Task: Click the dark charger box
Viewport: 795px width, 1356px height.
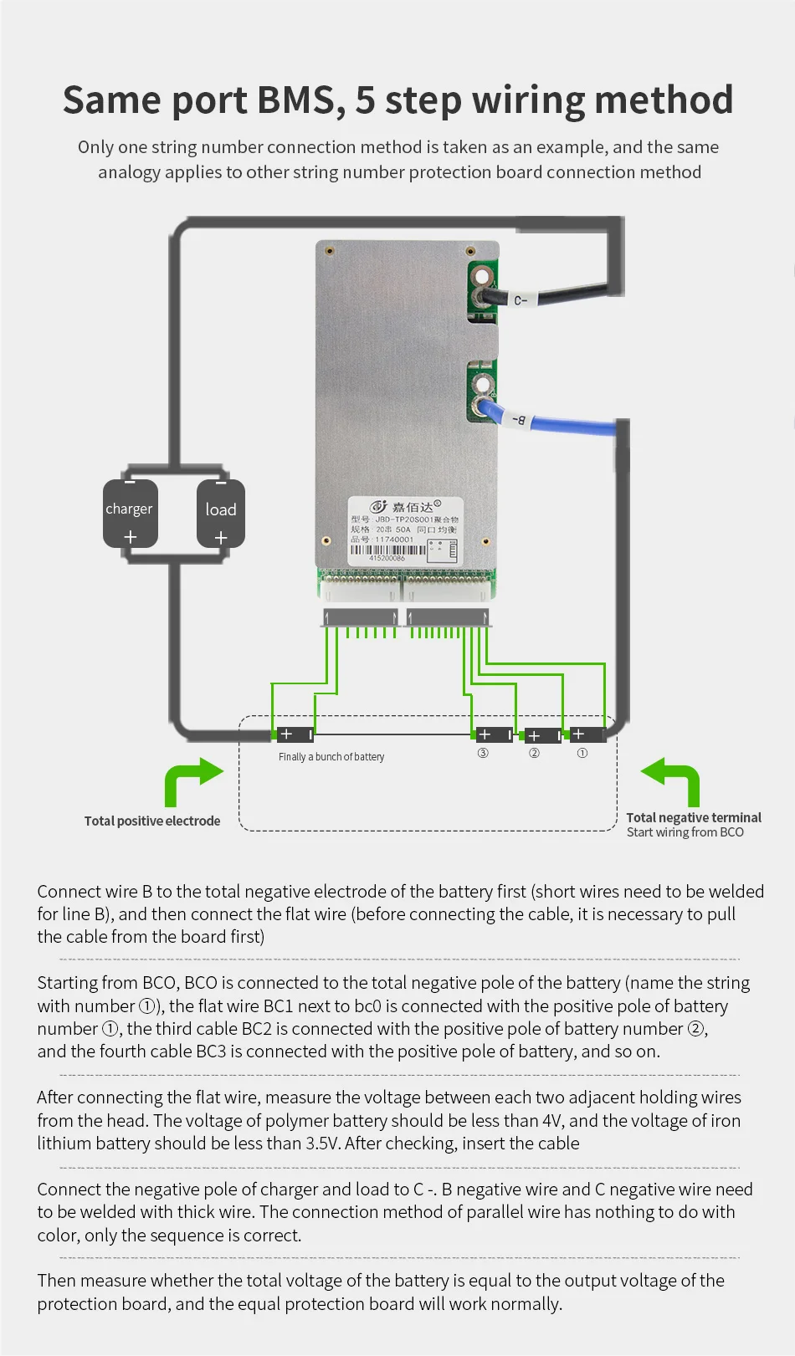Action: (130, 513)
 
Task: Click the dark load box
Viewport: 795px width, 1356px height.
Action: (221, 513)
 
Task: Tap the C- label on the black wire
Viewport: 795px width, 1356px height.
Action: (521, 299)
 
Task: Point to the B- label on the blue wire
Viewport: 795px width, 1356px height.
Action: (520, 419)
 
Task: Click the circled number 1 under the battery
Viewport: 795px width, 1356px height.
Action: (582, 753)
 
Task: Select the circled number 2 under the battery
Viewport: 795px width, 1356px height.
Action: (534, 753)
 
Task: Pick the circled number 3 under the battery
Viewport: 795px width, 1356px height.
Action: (483, 753)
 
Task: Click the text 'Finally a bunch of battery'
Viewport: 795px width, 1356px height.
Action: (331, 757)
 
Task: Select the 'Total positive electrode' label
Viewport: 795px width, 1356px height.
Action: (152, 821)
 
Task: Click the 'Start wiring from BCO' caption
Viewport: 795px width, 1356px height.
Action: (685, 832)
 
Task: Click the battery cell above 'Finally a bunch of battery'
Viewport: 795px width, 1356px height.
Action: (295, 734)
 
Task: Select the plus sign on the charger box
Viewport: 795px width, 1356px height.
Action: (130, 536)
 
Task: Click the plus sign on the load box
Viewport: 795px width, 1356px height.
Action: (221, 537)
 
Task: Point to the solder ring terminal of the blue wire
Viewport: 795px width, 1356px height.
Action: (481, 407)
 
